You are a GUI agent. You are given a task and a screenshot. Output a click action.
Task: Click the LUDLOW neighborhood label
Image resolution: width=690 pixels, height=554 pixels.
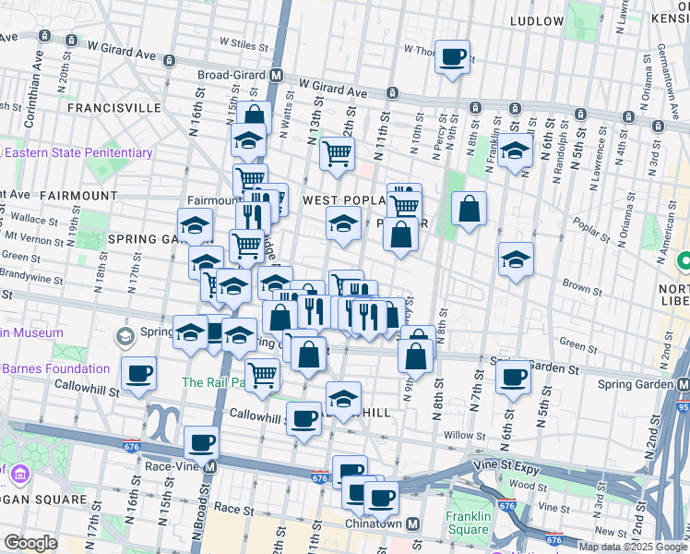tap(535, 20)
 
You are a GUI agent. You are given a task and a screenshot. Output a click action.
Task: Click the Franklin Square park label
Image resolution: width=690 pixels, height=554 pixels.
tap(468, 523)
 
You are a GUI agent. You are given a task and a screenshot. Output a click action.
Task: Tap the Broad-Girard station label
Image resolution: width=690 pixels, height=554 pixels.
tap(233, 74)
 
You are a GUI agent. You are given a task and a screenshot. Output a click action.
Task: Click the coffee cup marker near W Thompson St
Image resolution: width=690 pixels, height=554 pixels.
tap(452, 57)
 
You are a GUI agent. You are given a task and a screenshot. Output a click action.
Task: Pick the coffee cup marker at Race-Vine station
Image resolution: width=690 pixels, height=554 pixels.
tap(201, 442)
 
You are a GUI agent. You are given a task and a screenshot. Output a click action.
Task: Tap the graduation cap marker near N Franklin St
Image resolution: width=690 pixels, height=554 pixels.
tap(516, 151)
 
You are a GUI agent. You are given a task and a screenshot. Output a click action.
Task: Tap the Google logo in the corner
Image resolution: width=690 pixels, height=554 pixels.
tap(30, 543)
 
